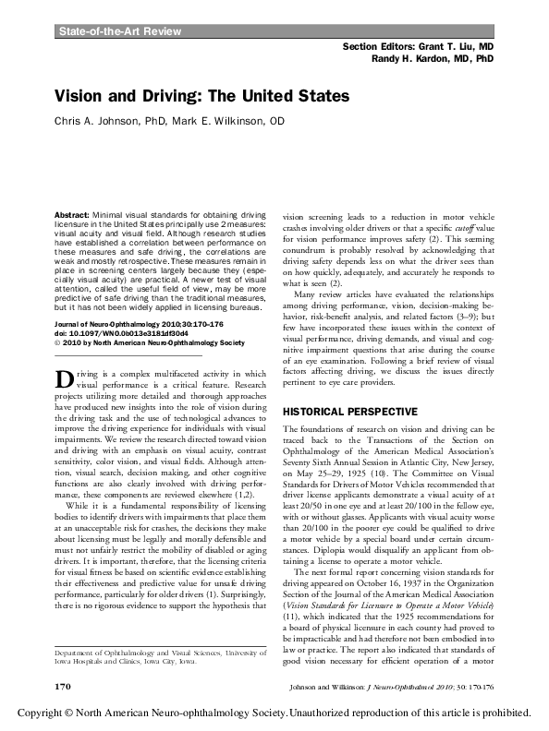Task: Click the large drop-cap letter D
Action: tap(64, 405)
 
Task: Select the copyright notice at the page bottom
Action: tap(274, 713)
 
